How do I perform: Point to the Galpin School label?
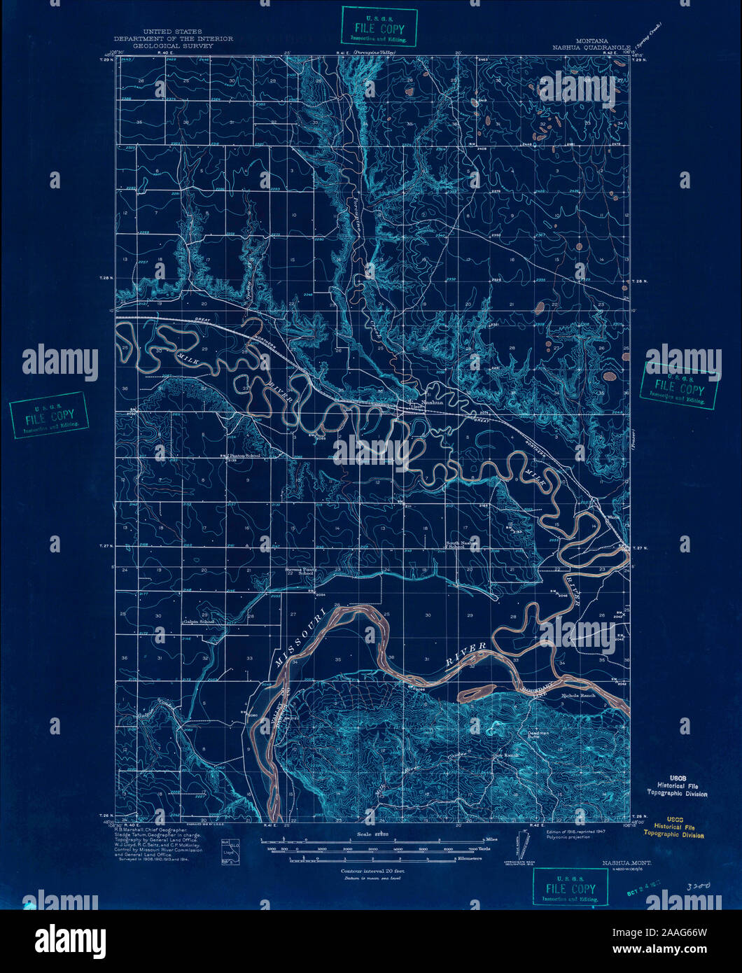click(199, 621)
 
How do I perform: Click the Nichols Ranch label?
click(577, 696)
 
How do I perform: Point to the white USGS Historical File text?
click(675, 790)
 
